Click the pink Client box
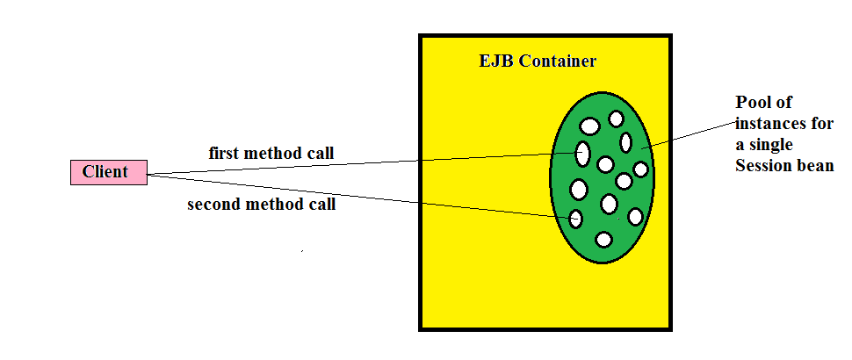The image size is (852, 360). coord(108,172)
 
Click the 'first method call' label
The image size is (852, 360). coord(271,154)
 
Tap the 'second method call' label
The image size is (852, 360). coord(262,205)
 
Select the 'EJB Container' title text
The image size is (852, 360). coord(537,61)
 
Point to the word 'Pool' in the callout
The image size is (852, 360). coord(752,103)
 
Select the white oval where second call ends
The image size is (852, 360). coord(576,219)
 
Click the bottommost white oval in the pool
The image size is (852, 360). coord(603,239)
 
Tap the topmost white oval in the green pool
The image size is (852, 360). coord(616,119)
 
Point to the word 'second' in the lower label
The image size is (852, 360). coord(213,205)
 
